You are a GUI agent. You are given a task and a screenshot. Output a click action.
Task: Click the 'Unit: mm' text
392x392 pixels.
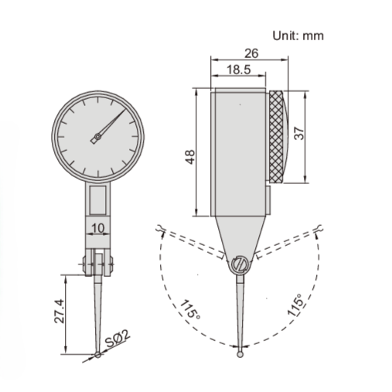[x=298, y=35]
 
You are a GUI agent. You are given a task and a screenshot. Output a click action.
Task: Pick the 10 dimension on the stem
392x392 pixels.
[x=97, y=228]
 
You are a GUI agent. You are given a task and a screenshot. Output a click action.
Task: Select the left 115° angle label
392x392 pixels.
[x=190, y=312]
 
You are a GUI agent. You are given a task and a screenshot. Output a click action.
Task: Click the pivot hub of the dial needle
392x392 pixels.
[x=96, y=139]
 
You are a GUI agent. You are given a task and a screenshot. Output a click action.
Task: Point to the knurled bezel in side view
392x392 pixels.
[x=278, y=138]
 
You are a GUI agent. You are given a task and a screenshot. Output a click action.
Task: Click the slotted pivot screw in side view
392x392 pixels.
[x=239, y=265]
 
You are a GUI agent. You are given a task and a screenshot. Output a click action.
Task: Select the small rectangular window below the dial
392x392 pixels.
[x=97, y=201]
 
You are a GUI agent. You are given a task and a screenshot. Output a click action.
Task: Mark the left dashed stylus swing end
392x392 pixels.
[x=159, y=229]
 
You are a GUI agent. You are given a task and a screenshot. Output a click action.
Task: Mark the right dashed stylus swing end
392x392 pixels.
[x=319, y=228]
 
